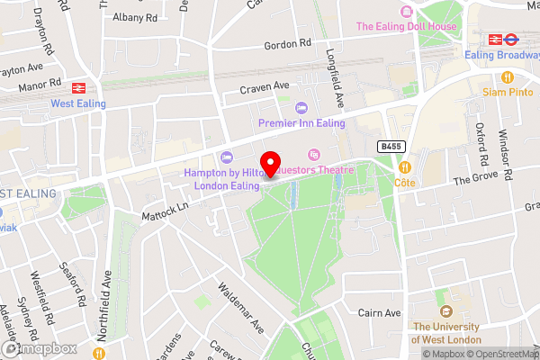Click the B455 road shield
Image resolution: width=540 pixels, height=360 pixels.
coord(390,146)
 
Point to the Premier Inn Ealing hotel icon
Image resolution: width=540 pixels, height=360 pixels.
coord(301,108)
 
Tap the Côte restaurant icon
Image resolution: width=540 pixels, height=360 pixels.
coord(405,166)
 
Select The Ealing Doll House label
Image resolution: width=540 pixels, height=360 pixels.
coord(406,26)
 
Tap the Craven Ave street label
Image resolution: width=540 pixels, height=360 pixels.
coord(265,86)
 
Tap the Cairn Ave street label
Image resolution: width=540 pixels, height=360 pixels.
coord(378,312)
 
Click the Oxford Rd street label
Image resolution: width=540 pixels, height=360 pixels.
coord(481,142)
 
